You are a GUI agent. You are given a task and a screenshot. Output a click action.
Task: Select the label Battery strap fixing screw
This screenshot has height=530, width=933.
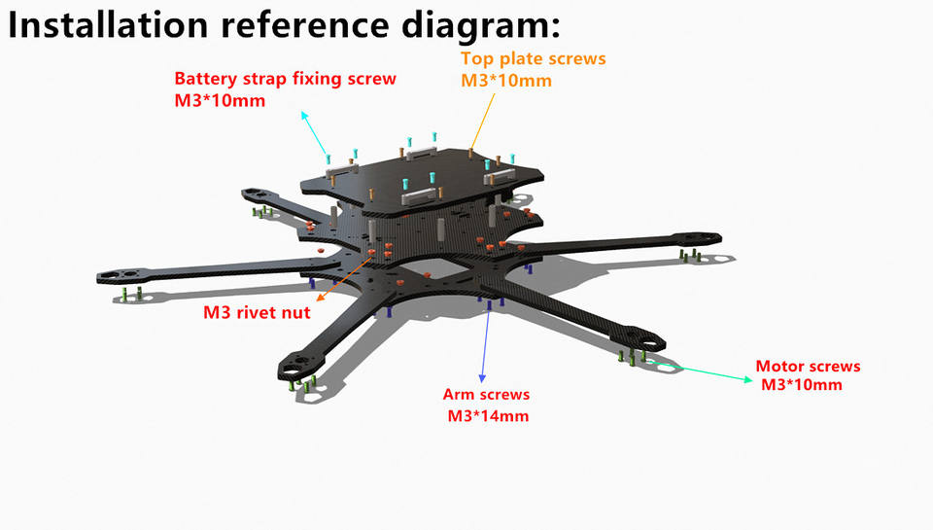[x=285, y=79]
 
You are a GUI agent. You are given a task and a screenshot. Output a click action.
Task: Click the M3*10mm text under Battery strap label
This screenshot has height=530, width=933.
[x=219, y=100]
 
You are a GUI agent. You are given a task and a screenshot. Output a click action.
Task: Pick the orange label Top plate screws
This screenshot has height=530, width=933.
[x=533, y=58]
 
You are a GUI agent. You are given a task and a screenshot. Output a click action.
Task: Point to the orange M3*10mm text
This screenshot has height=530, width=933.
[x=505, y=81]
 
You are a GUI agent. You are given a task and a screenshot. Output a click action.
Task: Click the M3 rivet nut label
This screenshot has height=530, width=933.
[x=257, y=312]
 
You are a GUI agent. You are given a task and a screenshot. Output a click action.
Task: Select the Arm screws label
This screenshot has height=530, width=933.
[x=486, y=395]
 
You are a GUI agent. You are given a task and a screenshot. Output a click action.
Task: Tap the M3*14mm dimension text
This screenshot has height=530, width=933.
[x=488, y=416]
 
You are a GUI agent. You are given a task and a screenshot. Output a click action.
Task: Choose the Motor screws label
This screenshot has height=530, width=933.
[x=808, y=367]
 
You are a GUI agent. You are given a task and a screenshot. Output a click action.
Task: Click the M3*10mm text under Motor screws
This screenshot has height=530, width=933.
[x=801, y=385]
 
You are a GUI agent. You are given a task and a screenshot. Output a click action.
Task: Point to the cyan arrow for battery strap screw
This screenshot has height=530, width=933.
[x=315, y=132]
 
